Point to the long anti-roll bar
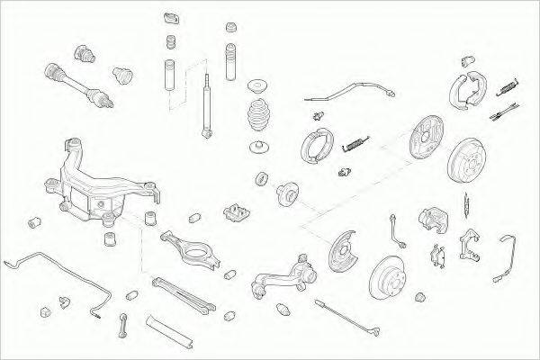[54, 271]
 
